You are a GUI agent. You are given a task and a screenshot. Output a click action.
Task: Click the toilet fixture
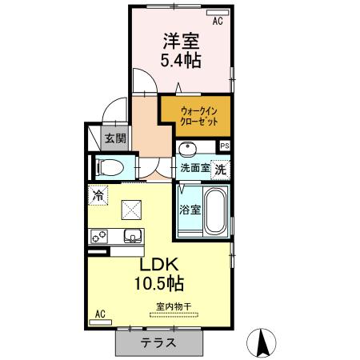click(110, 168)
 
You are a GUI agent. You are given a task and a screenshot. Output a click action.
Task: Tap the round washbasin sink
click(189, 149)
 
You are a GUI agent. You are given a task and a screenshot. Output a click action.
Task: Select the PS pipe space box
click(225, 146)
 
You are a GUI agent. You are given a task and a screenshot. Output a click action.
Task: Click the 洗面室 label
click(194, 169)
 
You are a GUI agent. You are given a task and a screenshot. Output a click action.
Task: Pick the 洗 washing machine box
click(221, 169)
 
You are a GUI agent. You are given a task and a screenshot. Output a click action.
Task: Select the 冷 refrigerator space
click(98, 194)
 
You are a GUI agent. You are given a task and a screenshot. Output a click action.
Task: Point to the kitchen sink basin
click(131, 236)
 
